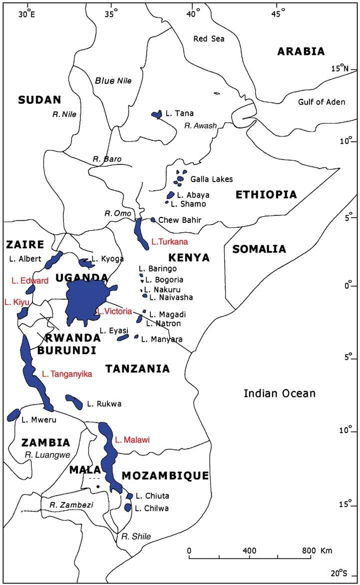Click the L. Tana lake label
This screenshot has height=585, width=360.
pyautogui.click(x=180, y=113)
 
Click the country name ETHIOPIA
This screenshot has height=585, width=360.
pyautogui.click(x=266, y=195)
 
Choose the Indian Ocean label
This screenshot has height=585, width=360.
pyautogui.click(x=279, y=394)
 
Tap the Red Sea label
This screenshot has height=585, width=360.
pyautogui.click(x=209, y=38)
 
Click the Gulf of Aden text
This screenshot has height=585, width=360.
pyautogui.click(x=322, y=102)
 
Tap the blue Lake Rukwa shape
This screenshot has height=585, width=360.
pyautogui.click(x=74, y=400)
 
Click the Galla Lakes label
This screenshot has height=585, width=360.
pyautogui.click(x=212, y=179)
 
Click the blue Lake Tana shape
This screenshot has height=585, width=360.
pyautogui.click(x=157, y=114)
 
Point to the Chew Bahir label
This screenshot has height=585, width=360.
pyautogui.click(x=178, y=220)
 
